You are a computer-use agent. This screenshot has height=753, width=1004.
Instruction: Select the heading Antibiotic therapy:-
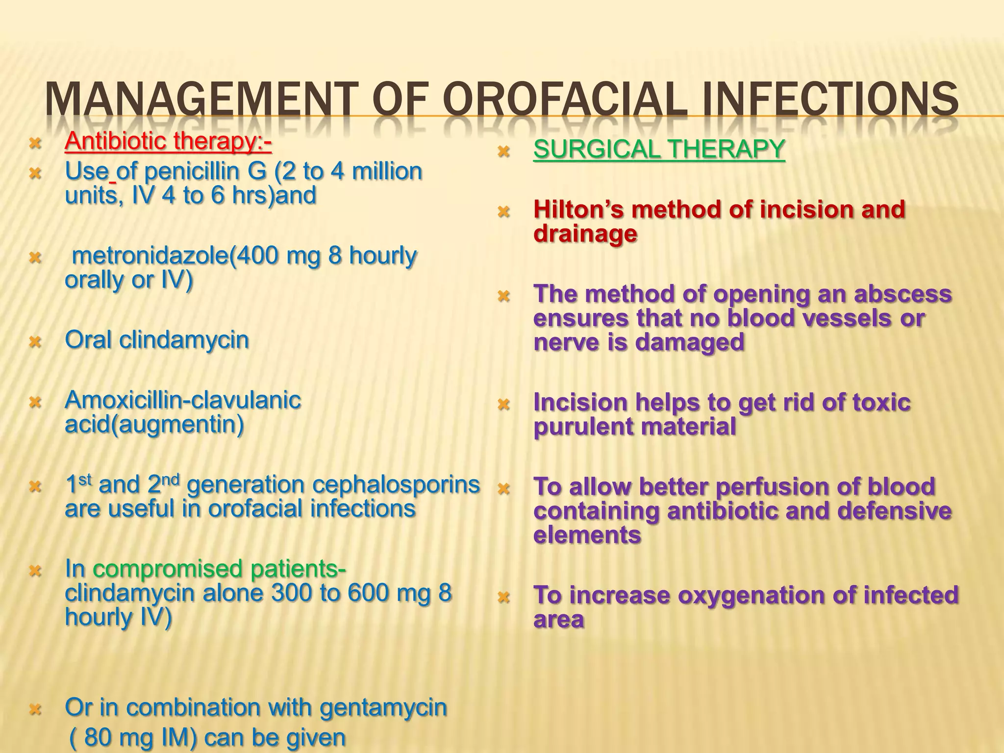click(168, 142)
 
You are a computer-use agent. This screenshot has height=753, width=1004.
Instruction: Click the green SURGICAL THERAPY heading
click(659, 149)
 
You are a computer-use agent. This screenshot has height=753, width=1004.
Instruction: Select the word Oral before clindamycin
click(88, 340)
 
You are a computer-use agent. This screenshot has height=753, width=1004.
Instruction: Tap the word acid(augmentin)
click(154, 425)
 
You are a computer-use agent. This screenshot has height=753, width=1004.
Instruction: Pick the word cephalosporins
click(396, 485)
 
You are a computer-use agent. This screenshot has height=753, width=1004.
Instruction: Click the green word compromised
click(168, 569)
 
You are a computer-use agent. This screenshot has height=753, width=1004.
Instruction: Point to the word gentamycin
click(383, 707)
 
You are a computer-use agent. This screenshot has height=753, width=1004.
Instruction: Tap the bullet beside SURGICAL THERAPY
click(503, 151)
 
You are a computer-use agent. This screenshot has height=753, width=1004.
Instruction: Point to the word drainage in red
click(585, 234)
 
